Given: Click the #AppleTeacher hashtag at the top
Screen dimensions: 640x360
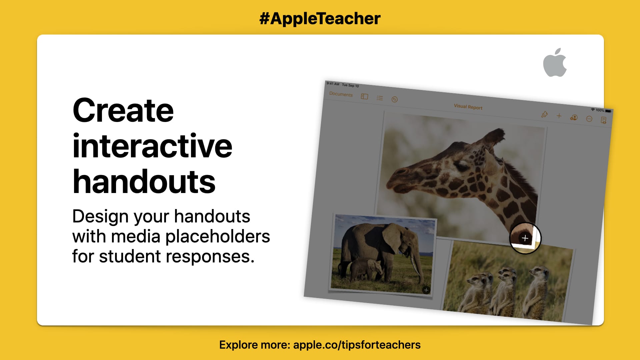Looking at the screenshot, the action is click(x=320, y=18).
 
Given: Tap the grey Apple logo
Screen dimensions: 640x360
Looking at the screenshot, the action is click(x=555, y=63).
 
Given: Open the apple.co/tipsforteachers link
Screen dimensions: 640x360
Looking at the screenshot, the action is click(x=357, y=345).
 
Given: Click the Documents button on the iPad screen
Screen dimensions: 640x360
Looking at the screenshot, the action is click(x=341, y=94).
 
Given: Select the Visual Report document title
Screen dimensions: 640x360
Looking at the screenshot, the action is click(x=468, y=107).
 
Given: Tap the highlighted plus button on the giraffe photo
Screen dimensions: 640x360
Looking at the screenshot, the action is click(x=525, y=238).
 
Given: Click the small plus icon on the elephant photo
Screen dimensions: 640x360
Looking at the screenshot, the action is click(x=426, y=290).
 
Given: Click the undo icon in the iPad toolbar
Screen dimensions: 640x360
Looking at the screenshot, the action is click(x=395, y=99).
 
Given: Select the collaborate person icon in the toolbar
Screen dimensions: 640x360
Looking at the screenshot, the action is click(x=574, y=118).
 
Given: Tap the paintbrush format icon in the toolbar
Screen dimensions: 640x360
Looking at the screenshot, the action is click(x=544, y=115).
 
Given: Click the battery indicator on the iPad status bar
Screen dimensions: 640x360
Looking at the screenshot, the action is click(x=608, y=111).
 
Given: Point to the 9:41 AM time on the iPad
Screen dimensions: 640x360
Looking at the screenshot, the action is click(x=333, y=84).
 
